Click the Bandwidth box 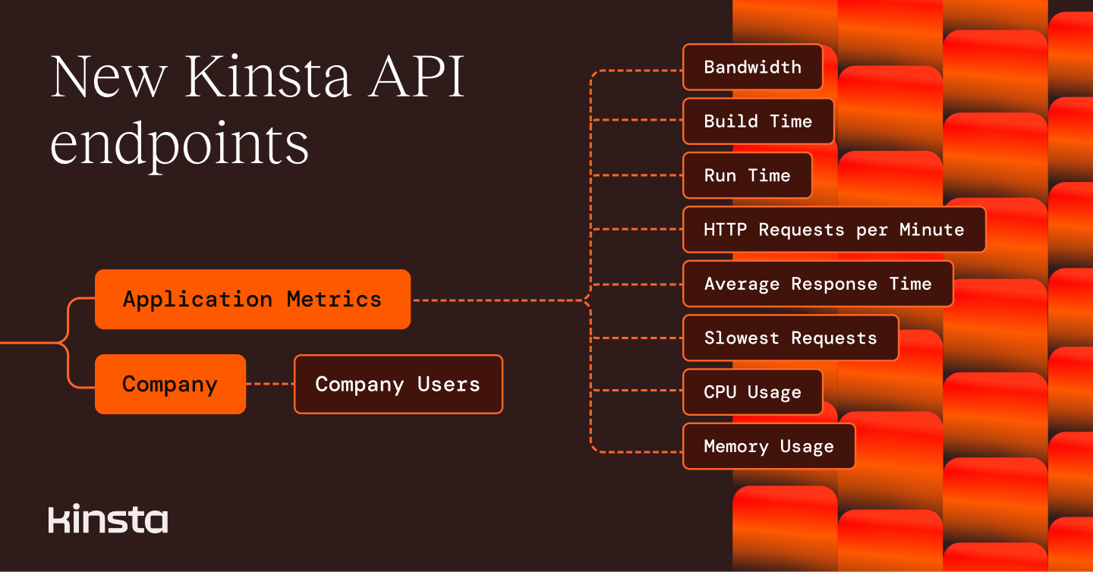(x=752, y=67)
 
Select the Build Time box (x=758, y=121)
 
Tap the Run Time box (x=747, y=175)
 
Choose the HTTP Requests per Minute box (x=833, y=230)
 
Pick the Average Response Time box (x=817, y=284)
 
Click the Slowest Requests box (x=790, y=338)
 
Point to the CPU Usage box (x=752, y=392)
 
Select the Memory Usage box (x=768, y=447)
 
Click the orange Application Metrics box (x=252, y=299)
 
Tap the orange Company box (x=170, y=384)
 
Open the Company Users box (x=398, y=384)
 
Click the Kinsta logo (x=108, y=519)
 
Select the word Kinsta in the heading (x=267, y=77)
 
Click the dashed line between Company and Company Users (x=270, y=384)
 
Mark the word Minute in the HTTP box (x=931, y=230)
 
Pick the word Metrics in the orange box (x=334, y=299)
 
